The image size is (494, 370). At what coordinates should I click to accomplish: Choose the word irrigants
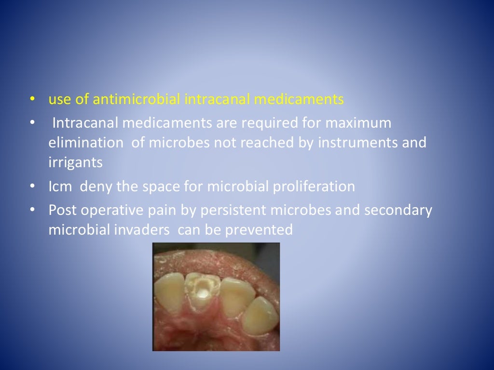tap(75, 162)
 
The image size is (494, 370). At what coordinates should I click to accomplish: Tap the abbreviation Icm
tap(60, 186)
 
